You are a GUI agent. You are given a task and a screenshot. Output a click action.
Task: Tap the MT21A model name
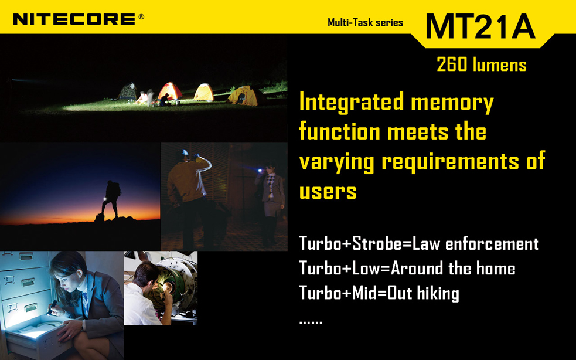480,26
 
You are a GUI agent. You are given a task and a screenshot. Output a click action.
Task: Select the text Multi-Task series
365,23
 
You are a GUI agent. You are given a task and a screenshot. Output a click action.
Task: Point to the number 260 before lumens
452,64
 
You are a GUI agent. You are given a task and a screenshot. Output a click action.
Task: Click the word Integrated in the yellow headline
352,102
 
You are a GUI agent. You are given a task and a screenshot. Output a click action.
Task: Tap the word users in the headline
328,192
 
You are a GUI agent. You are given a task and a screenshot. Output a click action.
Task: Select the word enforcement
492,243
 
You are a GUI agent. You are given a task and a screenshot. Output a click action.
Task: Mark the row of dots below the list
311,322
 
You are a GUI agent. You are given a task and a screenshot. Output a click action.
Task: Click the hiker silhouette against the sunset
111,199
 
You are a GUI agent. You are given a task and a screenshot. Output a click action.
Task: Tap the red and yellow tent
170,91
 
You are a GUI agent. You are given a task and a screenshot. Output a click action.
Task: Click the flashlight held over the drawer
52,307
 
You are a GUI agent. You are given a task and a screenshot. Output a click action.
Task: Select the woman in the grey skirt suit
271,203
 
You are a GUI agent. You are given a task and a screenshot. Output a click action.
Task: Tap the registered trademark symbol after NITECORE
141,16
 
